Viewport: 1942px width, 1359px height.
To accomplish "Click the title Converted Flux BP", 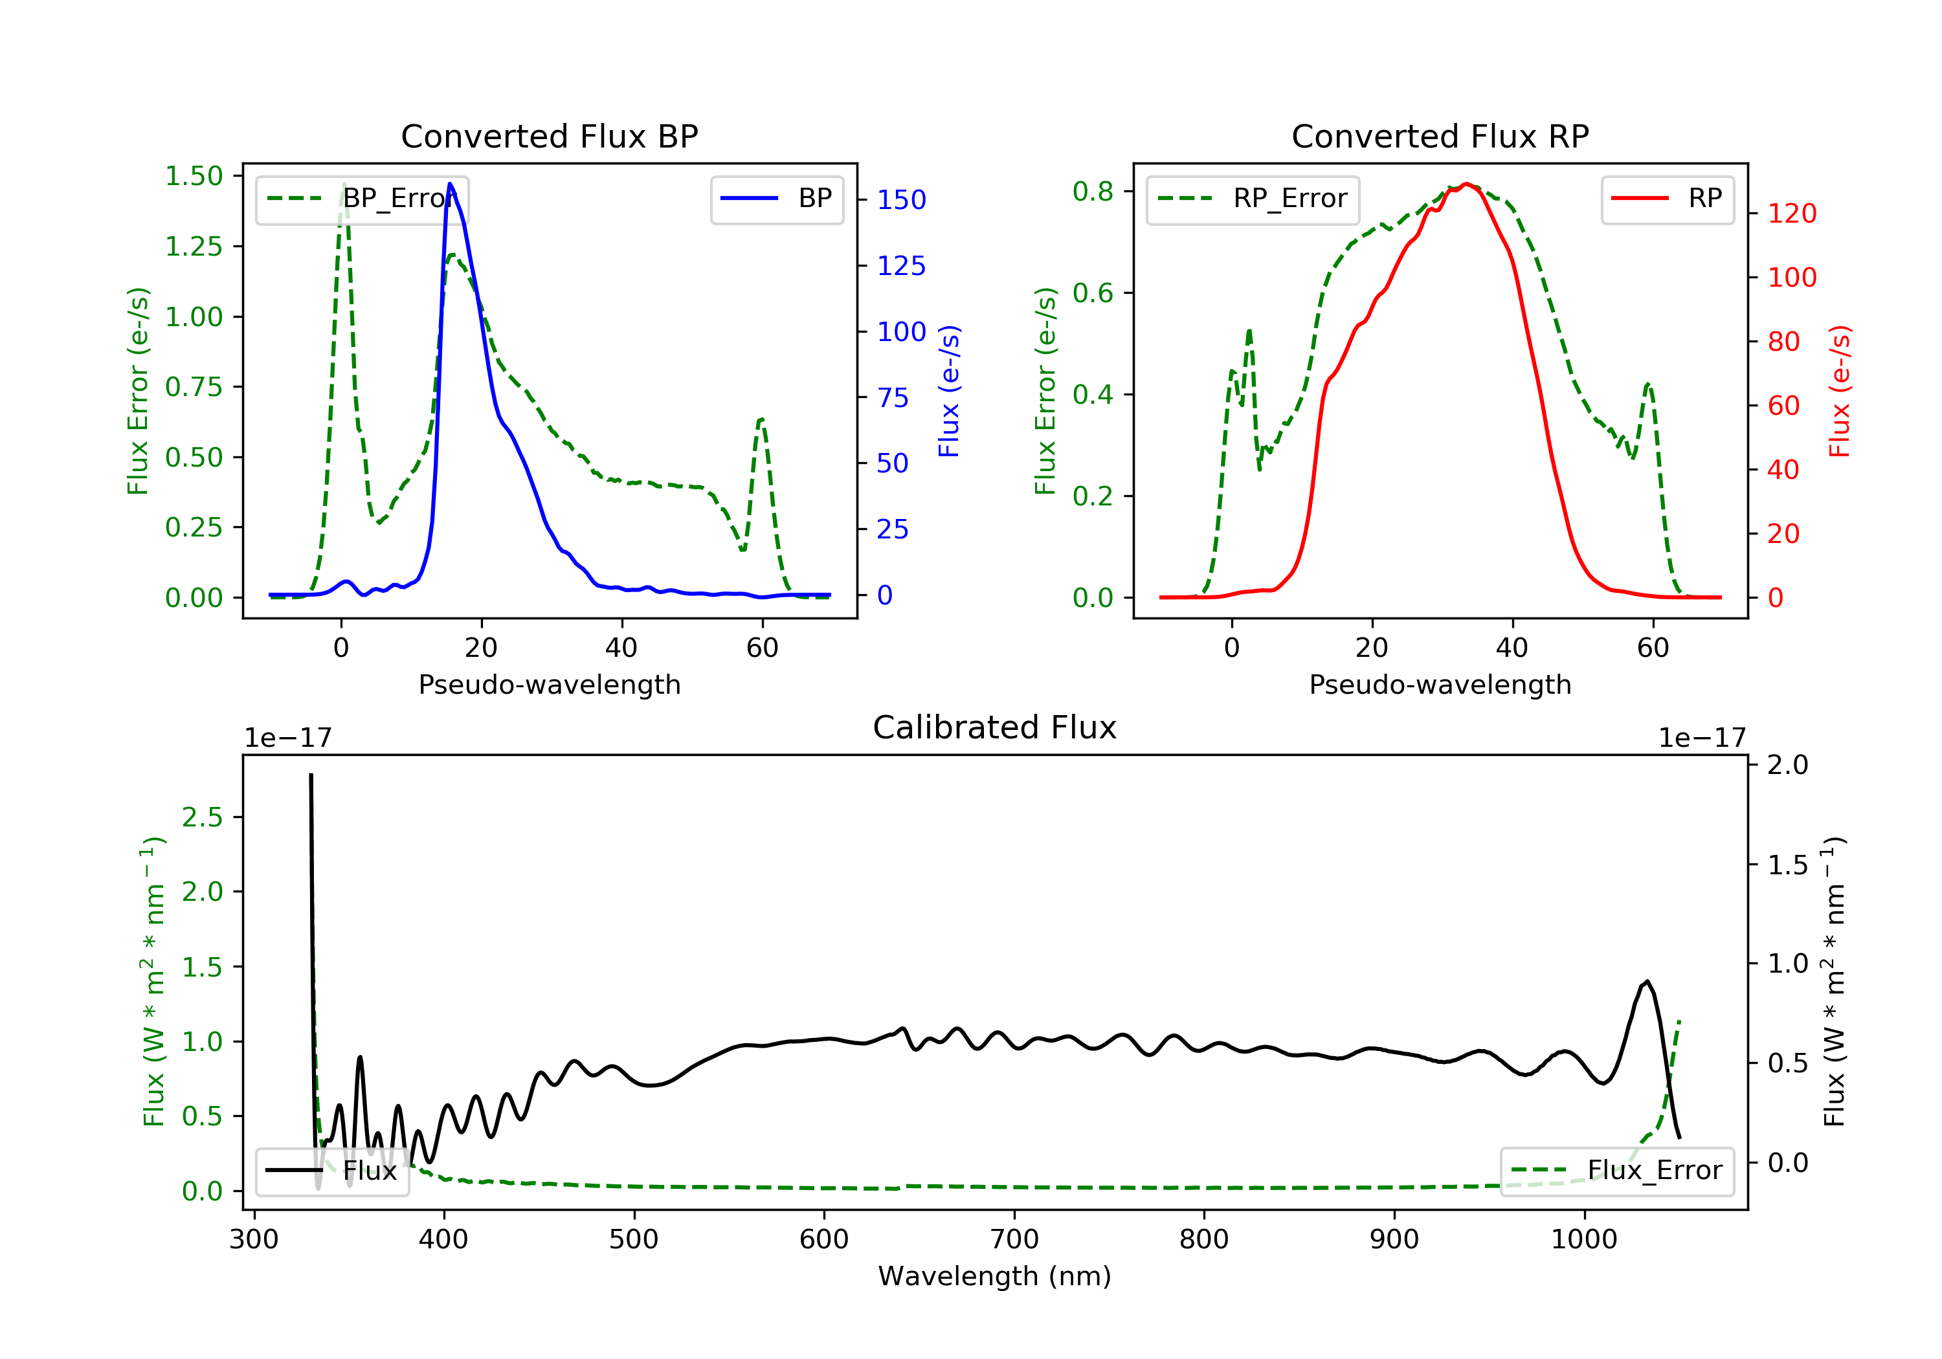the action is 549,136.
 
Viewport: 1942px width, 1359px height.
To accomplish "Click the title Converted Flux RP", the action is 1440,136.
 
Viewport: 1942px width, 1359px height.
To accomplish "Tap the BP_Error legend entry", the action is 362,199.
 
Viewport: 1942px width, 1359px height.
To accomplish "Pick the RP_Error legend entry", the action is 1252,199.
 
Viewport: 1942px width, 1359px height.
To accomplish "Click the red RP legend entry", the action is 1667,199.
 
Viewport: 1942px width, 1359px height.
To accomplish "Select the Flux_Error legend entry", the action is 1616,1171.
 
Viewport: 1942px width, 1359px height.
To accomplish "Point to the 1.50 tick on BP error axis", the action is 194,176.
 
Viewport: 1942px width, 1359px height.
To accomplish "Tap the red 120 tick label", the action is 1792,213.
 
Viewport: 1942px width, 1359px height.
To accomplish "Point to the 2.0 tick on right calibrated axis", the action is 1788,764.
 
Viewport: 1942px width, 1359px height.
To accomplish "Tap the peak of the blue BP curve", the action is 450,184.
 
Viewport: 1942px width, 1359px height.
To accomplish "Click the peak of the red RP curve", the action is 1468,184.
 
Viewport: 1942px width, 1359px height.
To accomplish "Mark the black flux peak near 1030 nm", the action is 1647,982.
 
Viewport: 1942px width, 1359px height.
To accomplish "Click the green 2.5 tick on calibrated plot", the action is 202,817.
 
